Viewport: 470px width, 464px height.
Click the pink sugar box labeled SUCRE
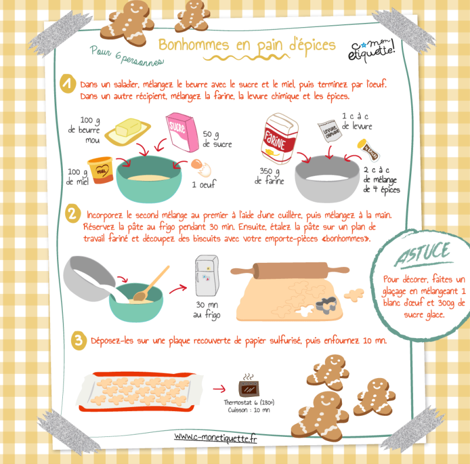[x=182, y=132]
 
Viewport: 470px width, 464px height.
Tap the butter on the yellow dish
[x=128, y=127]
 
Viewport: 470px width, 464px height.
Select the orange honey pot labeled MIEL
[x=100, y=170]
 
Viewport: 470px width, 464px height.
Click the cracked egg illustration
[x=201, y=168]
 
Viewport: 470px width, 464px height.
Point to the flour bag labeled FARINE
[x=280, y=139]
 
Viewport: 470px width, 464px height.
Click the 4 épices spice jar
[x=368, y=150]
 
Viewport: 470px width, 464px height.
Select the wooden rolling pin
[x=290, y=271]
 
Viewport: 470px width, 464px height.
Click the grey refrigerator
[x=207, y=276]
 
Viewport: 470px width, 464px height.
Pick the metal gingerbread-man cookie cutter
[x=327, y=305]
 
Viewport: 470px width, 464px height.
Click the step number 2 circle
[x=73, y=213]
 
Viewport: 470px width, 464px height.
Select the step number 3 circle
[x=79, y=341]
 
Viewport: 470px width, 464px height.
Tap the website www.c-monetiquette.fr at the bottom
[x=216, y=438]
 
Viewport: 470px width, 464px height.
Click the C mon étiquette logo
[x=371, y=49]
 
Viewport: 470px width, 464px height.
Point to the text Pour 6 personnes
[x=127, y=56]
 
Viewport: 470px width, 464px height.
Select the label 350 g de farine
[x=269, y=176]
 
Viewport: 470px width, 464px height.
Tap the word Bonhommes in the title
[x=194, y=45]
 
